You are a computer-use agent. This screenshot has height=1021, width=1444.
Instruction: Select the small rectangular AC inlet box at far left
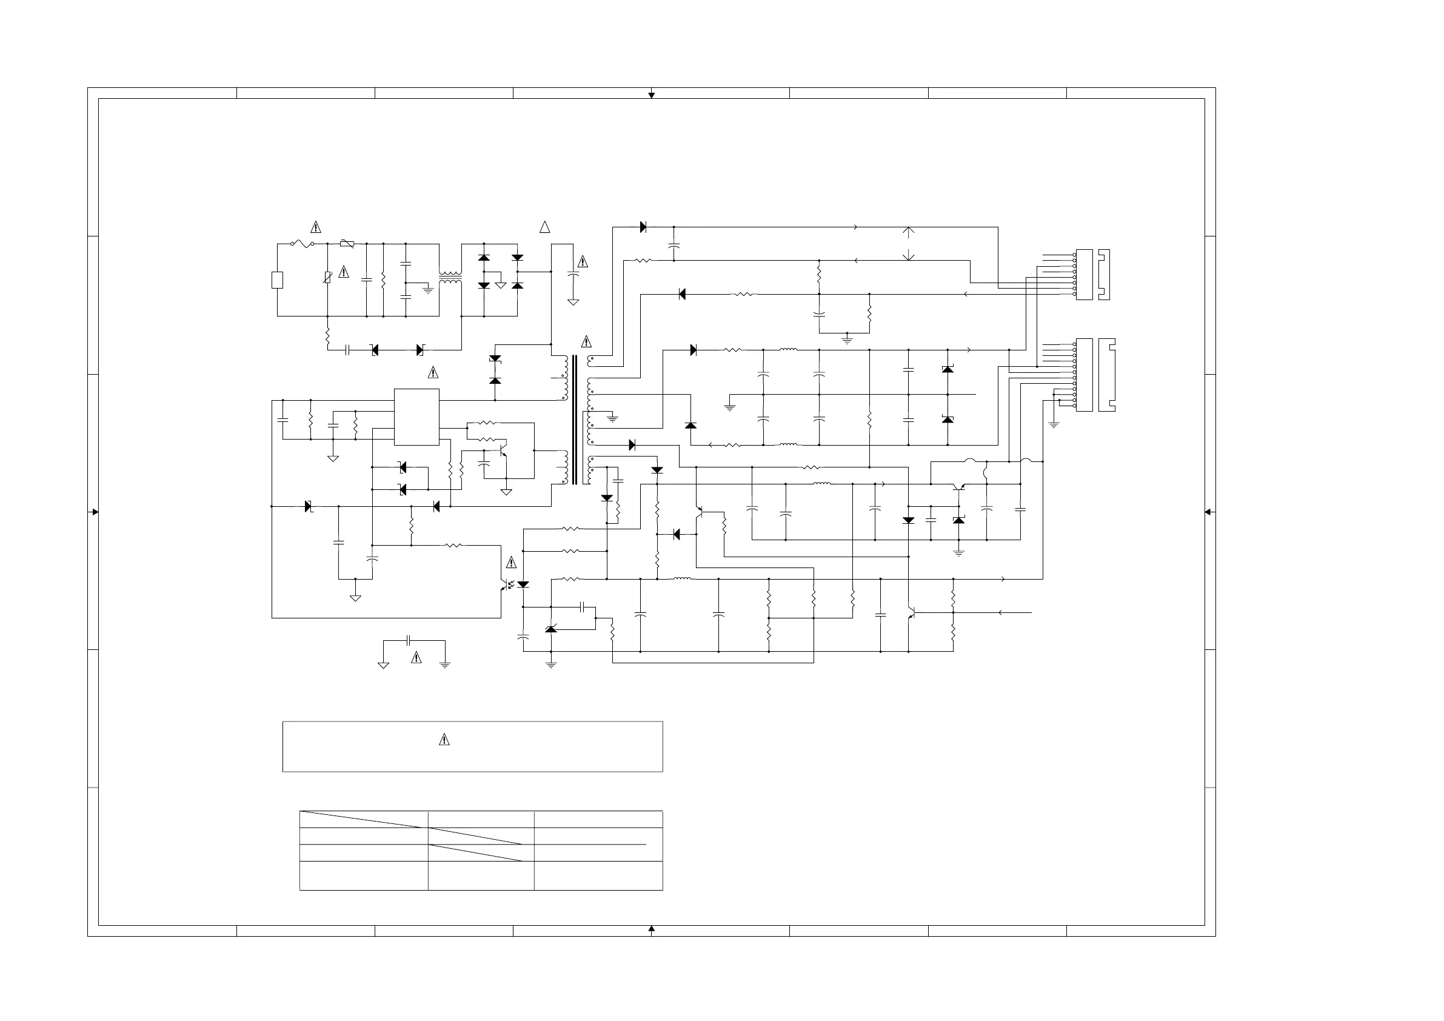click(x=276, y=280)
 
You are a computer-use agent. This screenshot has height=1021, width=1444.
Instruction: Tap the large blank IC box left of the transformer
click(x=416, y=417)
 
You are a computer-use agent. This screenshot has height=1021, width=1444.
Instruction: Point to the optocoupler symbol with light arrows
click(x=508, y=585)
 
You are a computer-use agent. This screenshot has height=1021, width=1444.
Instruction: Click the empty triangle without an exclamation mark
click(x=544, y=227)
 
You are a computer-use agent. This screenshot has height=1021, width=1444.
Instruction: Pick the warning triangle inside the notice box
click(x=444, y=740)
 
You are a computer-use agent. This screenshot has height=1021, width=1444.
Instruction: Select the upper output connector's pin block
click(x=1085, y=275)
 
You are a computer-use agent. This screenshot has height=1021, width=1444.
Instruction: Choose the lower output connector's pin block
click(x=1085, y=375)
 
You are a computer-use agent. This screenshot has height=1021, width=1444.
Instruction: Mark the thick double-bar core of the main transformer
click(x=574, y=420)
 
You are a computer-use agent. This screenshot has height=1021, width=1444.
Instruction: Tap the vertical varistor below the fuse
click(x=327, y=277)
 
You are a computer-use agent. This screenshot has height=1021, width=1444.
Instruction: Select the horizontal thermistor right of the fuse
click(x=347, y=244)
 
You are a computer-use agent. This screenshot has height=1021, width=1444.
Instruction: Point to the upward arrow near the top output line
click(x=908, y=232)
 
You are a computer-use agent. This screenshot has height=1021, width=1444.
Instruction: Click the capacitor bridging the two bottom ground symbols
click(x=409, y=640)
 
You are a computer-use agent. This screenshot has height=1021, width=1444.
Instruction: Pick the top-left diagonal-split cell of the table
click(x=364, y=819)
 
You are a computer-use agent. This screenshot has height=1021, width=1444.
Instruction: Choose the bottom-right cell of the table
click(x=598, y=875)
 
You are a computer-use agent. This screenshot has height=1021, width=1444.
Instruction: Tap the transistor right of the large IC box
click(x=501, y=452)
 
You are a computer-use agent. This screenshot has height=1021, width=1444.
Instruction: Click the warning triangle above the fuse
click(x=316, y=227)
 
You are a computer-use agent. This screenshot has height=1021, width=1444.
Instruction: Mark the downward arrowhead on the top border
click(x=652, y=96)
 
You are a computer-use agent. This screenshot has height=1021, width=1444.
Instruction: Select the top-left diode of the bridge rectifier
click(x=484, y=258)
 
